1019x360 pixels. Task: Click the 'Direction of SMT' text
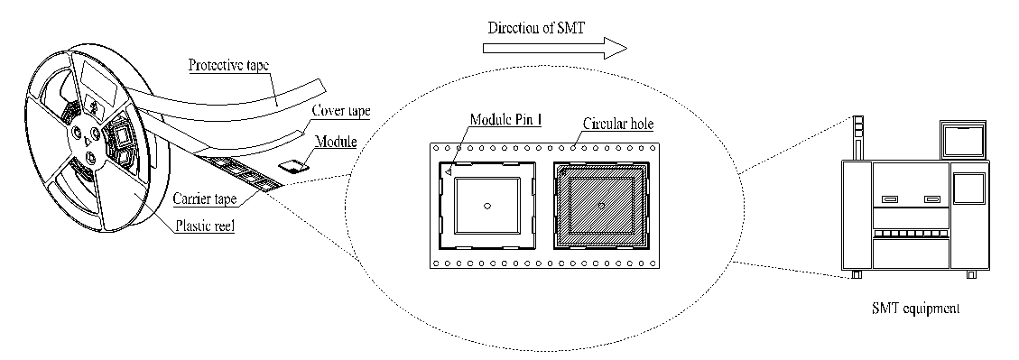[536, 27]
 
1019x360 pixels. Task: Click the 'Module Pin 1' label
[505, 119]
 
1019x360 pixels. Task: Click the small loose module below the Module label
[292, 165]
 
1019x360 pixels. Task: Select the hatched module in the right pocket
[601, 206]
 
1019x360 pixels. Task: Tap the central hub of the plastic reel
[88, 136]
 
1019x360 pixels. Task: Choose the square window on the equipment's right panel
[968, 189]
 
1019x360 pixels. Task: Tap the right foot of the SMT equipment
[971, 274]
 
